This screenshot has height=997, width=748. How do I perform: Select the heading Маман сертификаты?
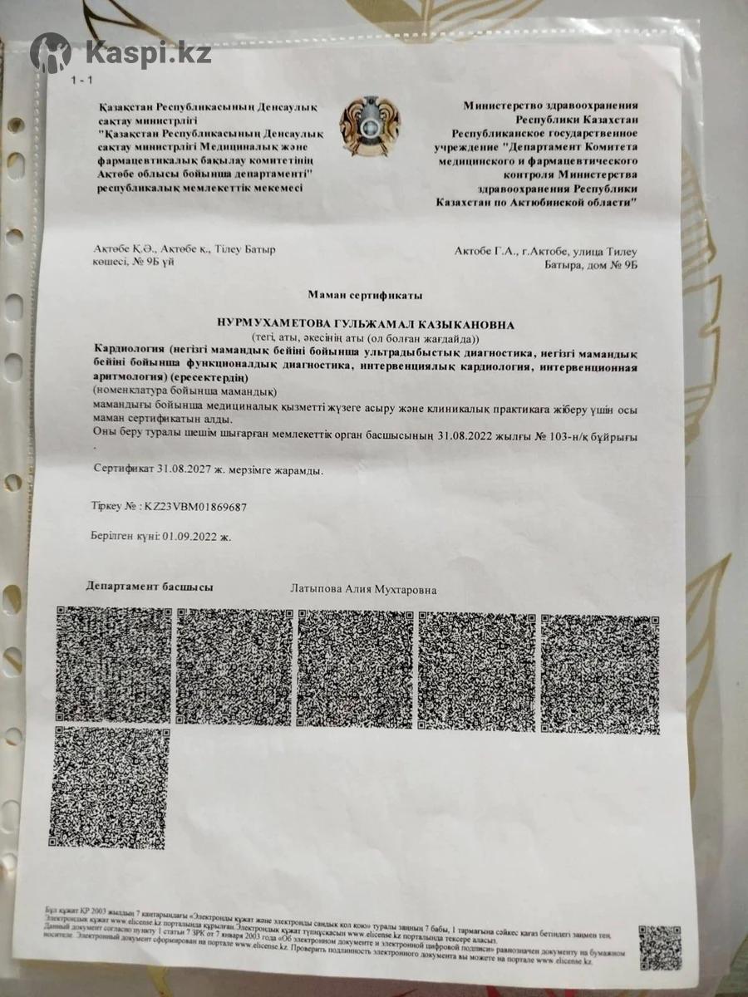(365, 294)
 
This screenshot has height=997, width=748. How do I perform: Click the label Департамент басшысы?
(150, 587)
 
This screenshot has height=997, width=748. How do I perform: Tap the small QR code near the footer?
(660, 946)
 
